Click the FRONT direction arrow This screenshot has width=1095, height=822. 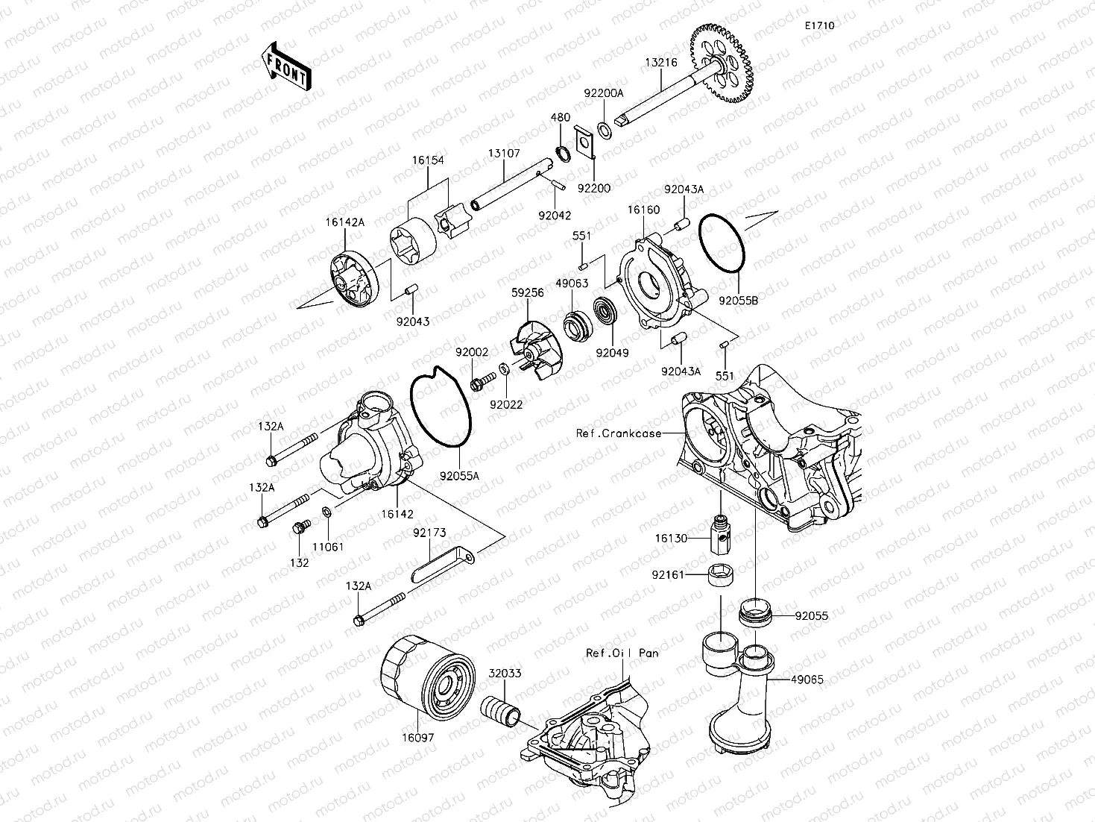(285, 67)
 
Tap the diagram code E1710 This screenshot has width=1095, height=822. (818, 25)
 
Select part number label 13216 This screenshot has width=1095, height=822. (660, 63)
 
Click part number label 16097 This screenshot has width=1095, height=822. (419, 736)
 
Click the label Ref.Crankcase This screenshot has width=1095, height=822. (618, 433)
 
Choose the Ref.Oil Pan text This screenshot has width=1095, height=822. (622, 653)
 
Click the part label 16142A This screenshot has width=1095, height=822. (344, 222)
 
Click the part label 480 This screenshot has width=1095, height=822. (560, 117)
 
